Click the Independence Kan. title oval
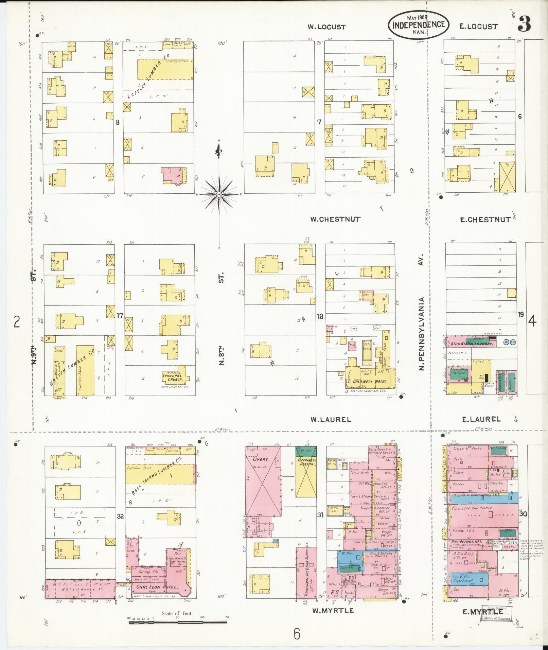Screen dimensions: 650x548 click(x=419, y=25)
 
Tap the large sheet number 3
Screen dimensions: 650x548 click(x=524, y=24)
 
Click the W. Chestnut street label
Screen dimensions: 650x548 click(x=335, y=219)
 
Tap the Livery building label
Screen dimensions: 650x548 click(x=261, y=459)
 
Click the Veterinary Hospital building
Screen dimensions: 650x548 click(x=306, y=479)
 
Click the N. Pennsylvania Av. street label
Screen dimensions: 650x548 click(x=422, y=333)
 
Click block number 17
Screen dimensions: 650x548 click(x=120, y=316)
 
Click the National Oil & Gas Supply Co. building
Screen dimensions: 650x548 click(x=306, y=576)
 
